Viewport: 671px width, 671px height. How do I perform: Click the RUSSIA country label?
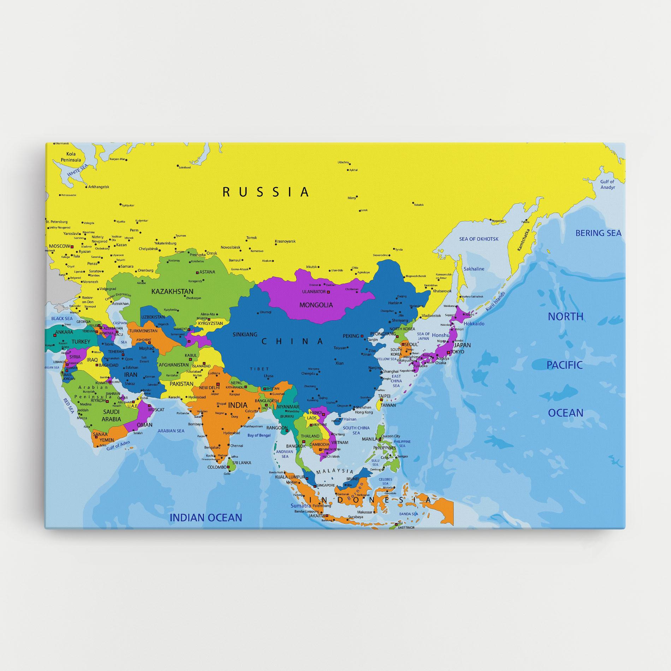(x=266, y=192)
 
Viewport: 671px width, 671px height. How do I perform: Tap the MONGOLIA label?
(x=316, y=305)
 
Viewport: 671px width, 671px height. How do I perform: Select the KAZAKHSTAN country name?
(x=172, y=291)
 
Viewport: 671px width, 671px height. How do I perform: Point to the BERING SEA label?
(x=598, y=233)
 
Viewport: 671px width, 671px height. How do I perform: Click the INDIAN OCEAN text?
(x=206, y=518)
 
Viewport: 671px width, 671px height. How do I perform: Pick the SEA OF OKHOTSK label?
(x=479, y=239)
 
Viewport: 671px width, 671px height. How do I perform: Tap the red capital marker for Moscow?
(x=72, y=246)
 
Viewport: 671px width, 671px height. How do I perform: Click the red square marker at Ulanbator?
(x=328, y=292)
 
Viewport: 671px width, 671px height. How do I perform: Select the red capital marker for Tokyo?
(x=448, y=352)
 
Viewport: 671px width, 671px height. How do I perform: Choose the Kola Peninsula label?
(x=73, y=157)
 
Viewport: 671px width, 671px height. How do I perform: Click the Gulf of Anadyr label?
(x=607, y=184)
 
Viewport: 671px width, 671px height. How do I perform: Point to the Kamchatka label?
(x=524, y=240)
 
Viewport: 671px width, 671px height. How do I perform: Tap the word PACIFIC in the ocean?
(x=564, y=365)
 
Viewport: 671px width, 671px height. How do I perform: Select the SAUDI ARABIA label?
(x=111, y=415)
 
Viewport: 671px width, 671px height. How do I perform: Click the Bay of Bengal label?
(x=259, y=435)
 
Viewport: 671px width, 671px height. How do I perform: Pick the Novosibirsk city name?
(x=230, y=248)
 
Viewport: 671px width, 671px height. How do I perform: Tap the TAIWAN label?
(x=387, y=405)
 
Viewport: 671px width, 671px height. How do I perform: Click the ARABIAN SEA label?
(x=171, y=431)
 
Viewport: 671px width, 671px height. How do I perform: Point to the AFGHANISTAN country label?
(x=173, y=365)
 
